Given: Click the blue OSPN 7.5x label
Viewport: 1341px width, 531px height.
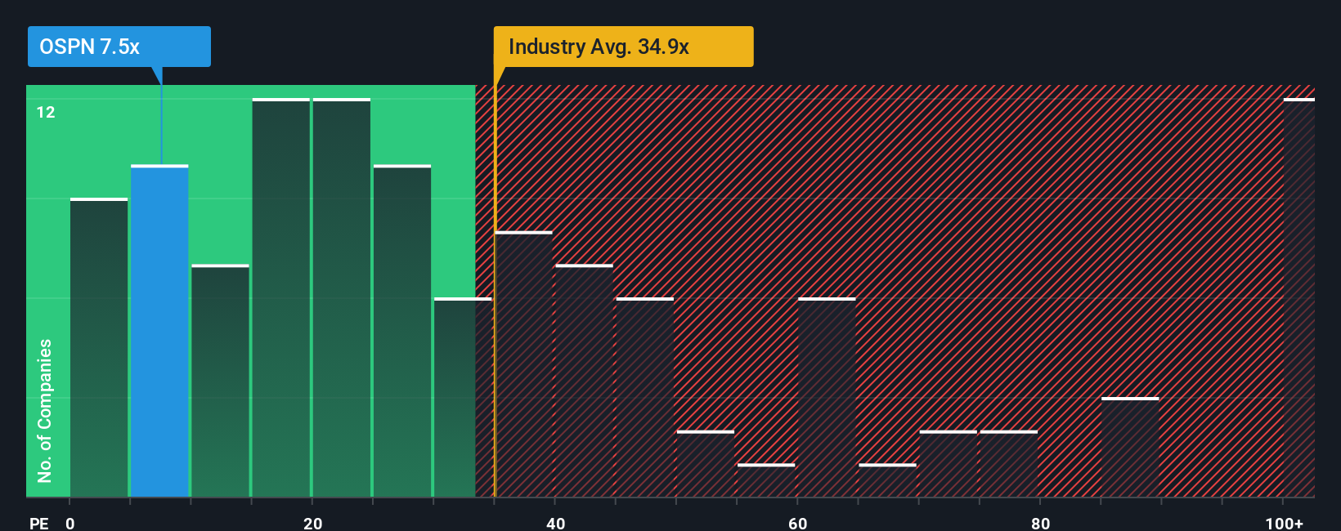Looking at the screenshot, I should point(119,47).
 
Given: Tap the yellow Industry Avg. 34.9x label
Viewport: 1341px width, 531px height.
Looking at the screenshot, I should point(622,47).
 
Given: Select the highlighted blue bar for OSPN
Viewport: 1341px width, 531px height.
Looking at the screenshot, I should point(159,331).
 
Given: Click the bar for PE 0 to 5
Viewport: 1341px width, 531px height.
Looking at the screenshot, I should point(99,347).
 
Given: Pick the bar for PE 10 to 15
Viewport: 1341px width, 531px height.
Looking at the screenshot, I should point(220,381).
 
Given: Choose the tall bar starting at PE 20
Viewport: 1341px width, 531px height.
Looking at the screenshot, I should point(342,297).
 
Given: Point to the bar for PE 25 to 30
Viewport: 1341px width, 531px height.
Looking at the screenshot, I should point(402,331).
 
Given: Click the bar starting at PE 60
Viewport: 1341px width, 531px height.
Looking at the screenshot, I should point(827,397).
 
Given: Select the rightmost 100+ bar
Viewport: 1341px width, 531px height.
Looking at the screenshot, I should point(1298,297).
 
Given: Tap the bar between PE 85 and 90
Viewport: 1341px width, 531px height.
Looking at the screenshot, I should point(1130,447).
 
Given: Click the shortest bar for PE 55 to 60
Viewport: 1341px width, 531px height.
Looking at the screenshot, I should point(766,480).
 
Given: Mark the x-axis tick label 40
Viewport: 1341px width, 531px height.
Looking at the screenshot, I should point(555,524).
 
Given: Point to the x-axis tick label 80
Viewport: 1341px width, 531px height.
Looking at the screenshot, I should point(1040,524).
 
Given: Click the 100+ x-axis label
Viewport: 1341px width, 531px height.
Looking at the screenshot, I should point(1284,524).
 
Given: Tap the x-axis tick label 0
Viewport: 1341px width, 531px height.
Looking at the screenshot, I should point(70,524).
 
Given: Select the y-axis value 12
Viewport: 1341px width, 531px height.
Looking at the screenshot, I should point(46,112).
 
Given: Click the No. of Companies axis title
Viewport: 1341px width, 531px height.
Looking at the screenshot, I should point(45,410).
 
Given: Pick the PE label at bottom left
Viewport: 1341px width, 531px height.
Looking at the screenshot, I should point(38,524).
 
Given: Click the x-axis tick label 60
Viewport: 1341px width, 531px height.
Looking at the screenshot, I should point(797,524).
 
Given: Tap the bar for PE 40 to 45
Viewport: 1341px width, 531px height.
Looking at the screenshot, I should point(584,381).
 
